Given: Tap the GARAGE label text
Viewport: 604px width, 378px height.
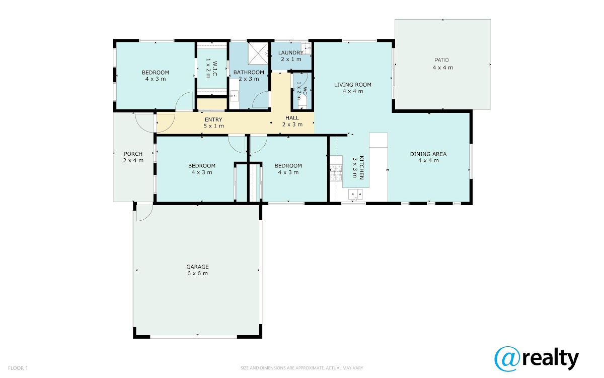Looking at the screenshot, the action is [197, 267].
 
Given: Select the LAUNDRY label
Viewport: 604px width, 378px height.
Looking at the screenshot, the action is [291, 52].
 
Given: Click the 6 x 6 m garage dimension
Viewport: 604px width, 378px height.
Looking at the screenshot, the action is [197, 273].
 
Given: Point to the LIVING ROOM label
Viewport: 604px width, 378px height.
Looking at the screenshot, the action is [353, 85].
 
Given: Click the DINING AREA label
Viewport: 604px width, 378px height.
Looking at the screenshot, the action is [428, 154].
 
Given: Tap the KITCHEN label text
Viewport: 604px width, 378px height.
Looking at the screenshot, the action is [362, 168].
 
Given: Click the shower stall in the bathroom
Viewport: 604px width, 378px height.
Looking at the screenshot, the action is [258, 53].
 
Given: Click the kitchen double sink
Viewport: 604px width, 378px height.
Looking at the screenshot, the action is [355, 195].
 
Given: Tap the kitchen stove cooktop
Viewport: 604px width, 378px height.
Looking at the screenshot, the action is [336, 173].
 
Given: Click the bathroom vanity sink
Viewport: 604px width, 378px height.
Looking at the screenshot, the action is [234, 96].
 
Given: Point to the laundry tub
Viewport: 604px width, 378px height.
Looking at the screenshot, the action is [306, 49].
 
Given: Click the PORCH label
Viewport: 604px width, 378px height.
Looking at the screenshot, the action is [133, 154].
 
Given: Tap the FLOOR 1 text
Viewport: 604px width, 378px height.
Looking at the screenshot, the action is [18, 368].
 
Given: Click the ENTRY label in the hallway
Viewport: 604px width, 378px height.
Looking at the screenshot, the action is [213, 119].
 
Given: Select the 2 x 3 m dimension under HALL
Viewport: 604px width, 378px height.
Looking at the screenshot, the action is [292, 124].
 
